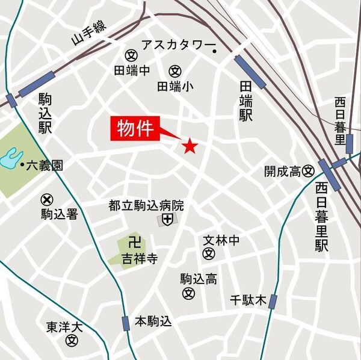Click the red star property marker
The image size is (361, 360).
(x=190, y=146)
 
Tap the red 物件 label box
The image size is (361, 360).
(x=134, y=129)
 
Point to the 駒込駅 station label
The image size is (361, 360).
(x=45, y=113)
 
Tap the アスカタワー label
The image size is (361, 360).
(x=177, y=45)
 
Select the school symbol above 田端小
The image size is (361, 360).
(x=175, y=70)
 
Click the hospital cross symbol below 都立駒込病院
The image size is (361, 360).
(x=167, y=220)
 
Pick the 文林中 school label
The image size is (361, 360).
(x=221, y=240)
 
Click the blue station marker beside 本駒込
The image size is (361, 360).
(x=125, y=323)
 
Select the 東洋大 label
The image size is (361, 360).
(x=64, y=327)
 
